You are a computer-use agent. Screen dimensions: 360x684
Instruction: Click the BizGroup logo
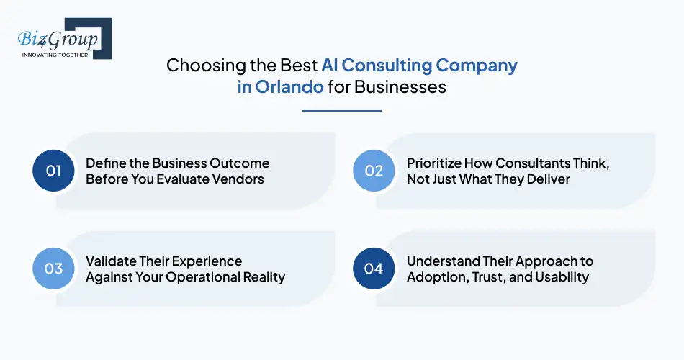point(59,37)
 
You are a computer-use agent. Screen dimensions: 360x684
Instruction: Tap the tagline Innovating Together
point(55,55)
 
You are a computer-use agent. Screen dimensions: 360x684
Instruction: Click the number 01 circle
point(54,171)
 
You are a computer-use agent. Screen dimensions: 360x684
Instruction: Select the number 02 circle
point(374,171)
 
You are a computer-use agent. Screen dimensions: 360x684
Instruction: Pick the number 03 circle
point(54,269)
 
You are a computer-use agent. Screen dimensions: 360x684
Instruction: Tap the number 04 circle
point(374,269)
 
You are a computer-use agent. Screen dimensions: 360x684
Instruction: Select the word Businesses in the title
point(408,87)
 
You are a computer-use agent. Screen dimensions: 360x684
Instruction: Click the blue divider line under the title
point(341,111)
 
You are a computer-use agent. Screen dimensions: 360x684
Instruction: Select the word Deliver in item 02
point(546,179)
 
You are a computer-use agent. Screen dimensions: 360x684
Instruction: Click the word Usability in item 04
point(562,276)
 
